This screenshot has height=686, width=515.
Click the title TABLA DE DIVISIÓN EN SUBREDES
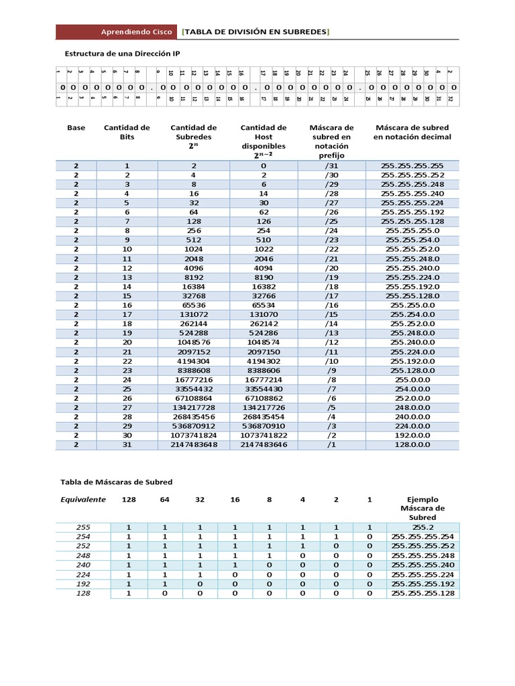point(255,32)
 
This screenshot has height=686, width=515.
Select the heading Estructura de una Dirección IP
point(121,53)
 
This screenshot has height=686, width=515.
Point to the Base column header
point(76,127)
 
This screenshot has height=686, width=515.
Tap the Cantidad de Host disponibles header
point(263,141)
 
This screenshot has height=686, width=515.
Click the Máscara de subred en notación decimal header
point(412,132)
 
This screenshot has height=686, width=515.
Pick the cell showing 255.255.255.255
point(412,165)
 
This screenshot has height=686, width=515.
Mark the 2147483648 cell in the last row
point(193,444)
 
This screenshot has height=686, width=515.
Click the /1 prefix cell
point(331,444)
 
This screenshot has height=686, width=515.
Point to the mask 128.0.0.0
point(412,444)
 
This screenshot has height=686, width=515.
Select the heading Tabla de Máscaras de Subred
point(117,482)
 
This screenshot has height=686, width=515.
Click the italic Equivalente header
point(83,499)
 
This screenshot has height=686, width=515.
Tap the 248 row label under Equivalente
point(83,555)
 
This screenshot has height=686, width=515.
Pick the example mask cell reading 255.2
point(422,527)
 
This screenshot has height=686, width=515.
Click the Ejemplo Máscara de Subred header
point(422,508)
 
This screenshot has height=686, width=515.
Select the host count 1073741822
point(263,435)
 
